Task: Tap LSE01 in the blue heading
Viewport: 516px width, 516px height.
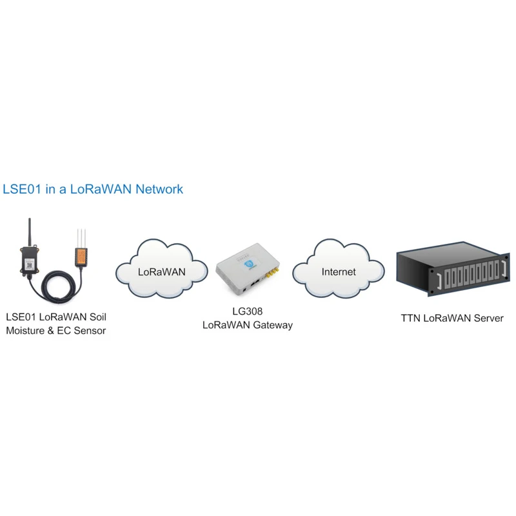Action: [x=23, y=190]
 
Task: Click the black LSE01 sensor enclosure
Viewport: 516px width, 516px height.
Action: [x=30, y=261]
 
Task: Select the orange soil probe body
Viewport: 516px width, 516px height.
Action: [x=82, y=257]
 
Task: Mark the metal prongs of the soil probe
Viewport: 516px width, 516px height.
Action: [x=82, y=237]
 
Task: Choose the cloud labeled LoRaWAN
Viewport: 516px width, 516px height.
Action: [x=161, y=272]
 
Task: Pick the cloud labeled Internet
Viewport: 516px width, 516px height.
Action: [x=338, y=272]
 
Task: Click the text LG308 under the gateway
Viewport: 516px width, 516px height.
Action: [x=248, y=312]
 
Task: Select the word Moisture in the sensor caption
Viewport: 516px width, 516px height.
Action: [x=28, y=331]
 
